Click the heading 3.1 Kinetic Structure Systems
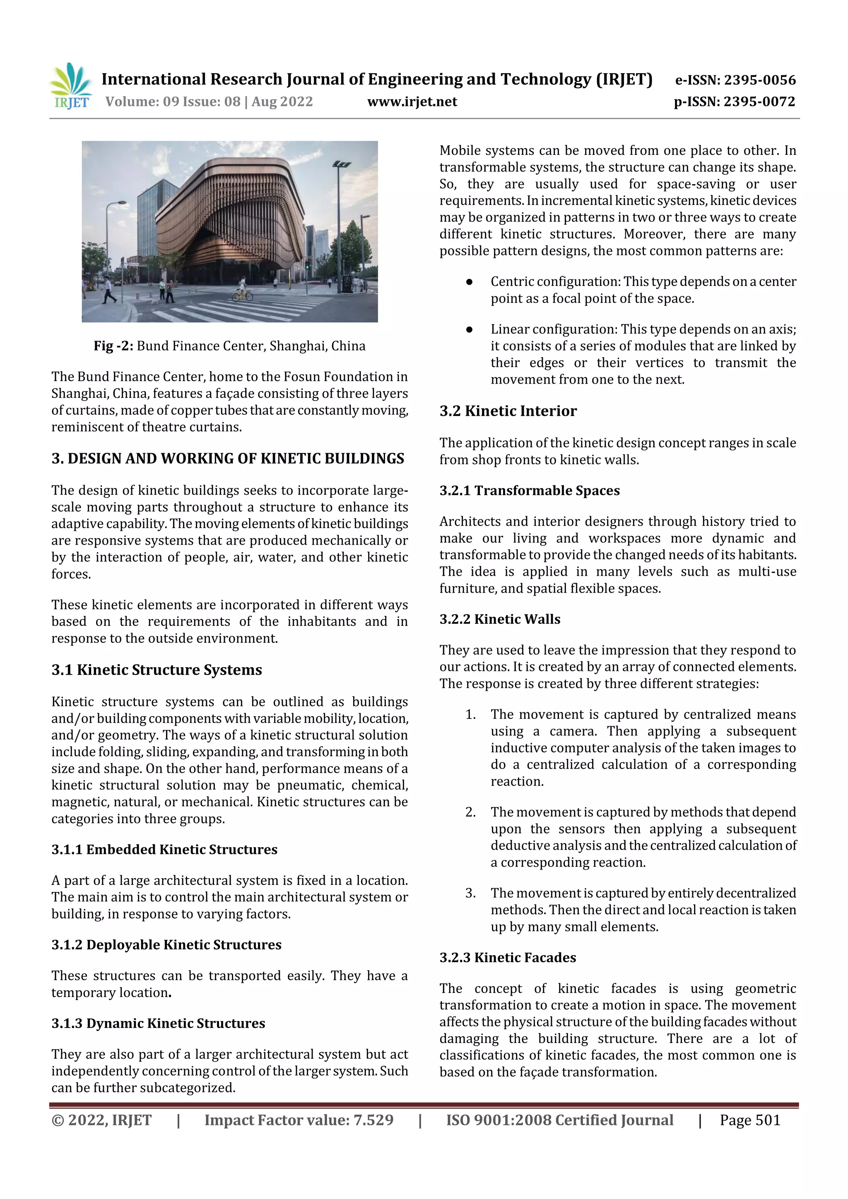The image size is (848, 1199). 157,670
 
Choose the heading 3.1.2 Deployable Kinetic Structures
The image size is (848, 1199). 166,945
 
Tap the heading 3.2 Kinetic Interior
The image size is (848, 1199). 508,411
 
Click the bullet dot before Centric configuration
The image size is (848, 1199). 469,282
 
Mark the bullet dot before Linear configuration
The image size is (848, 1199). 469,329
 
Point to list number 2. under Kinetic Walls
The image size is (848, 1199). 470,812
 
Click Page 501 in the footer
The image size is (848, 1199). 750,1120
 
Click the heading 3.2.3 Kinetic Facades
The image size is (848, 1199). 507,958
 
